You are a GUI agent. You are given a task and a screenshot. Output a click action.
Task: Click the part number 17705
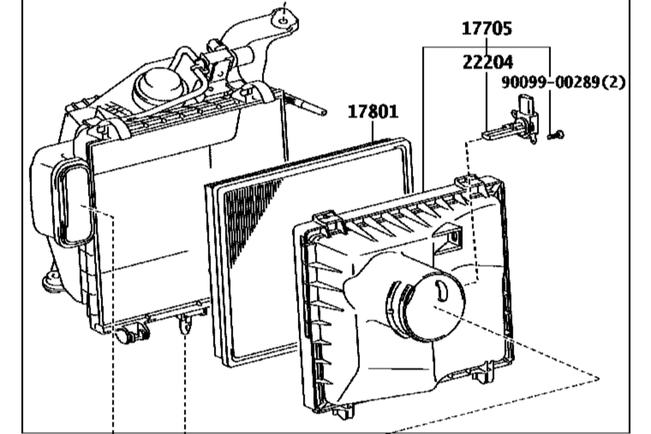(x=487, y=29)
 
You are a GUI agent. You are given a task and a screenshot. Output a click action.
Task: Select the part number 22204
(x=487, y=62)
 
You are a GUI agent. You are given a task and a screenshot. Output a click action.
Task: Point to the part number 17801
(x=373, y=111)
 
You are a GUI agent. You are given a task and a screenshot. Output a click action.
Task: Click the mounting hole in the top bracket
(x=283, y=20)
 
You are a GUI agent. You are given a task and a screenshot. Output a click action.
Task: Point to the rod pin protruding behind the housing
(x=311, y=107)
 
